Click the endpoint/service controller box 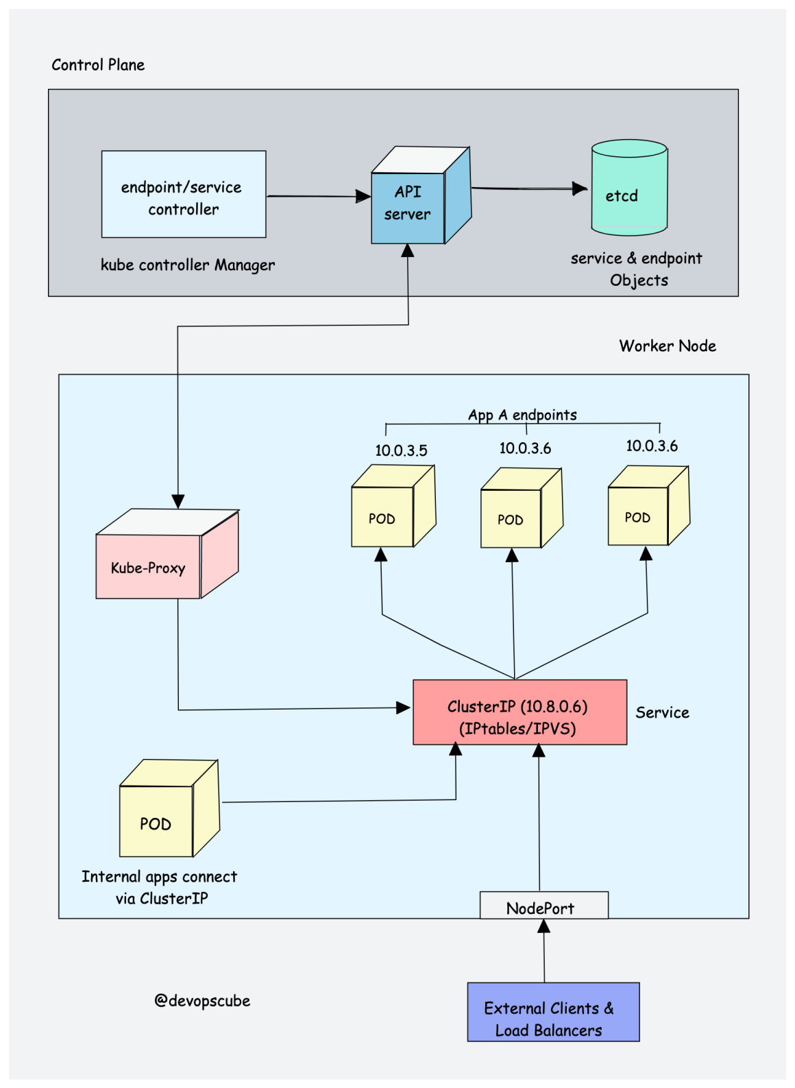[184, 194]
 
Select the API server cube [421, 195]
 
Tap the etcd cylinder [629, 187]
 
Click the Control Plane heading [98, 64]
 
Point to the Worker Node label [668, 346]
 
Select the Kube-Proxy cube [167, 554]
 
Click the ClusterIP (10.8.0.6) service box [519, 712]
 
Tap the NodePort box [544, 905]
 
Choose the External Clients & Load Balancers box [553, 1012]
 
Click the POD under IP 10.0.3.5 [393, 506]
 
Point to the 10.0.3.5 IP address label [401, 450]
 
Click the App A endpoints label [522, 415]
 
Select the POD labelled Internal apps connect [169, 808]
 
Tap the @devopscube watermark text [202, 1000]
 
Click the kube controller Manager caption [188, 265]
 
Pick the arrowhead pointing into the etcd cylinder [580, 189]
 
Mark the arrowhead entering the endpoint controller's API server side [363, 196]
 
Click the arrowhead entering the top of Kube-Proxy [178, 502]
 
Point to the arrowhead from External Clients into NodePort [544, 926]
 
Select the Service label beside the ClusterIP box [663, 712]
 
